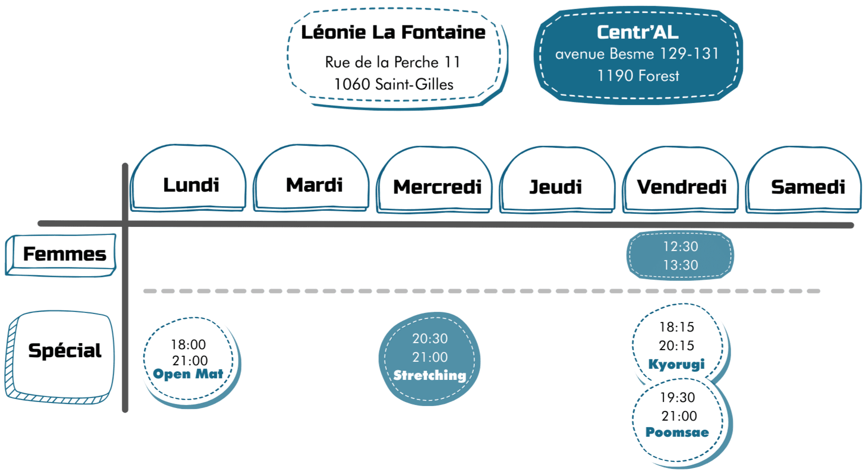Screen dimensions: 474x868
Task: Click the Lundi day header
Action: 191,185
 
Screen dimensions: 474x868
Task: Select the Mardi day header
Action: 314,185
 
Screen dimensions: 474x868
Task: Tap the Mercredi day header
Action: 437,187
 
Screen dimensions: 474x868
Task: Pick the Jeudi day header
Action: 556,187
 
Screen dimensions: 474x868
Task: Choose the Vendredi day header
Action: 681,187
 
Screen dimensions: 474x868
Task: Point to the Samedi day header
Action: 808,187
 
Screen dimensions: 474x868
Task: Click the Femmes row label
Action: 64,254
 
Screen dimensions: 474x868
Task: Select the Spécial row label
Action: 64,351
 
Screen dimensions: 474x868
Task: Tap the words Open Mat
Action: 188,374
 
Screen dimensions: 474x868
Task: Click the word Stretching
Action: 430,375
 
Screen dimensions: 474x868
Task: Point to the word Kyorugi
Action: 676,364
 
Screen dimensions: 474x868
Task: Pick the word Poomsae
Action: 677,432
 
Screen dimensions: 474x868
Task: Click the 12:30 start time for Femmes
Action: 680,247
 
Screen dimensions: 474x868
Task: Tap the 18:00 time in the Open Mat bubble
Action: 188,345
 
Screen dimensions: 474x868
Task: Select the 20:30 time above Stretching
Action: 430,339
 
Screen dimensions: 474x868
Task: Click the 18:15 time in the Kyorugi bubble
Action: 677,327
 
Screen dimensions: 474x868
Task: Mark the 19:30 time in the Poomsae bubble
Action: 677,398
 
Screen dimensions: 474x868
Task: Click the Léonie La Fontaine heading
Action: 393,32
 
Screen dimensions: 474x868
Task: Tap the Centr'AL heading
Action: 638,32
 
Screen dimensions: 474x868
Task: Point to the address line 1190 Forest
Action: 638,76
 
